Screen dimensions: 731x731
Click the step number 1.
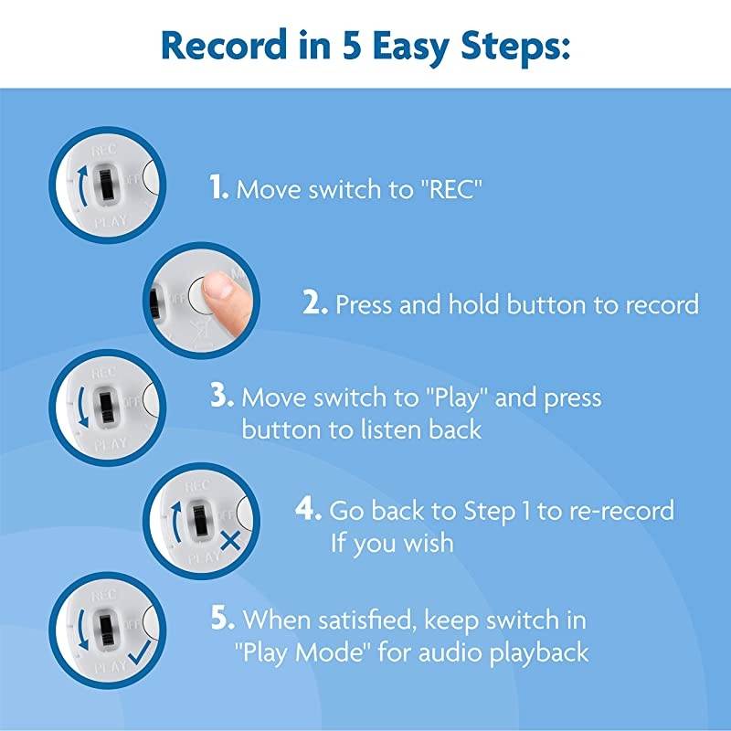(x=217, y=188)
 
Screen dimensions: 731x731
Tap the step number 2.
(x=315, y=303)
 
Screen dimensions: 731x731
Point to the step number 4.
(x=307, y=509)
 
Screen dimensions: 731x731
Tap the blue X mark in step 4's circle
(x=229, y=539)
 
